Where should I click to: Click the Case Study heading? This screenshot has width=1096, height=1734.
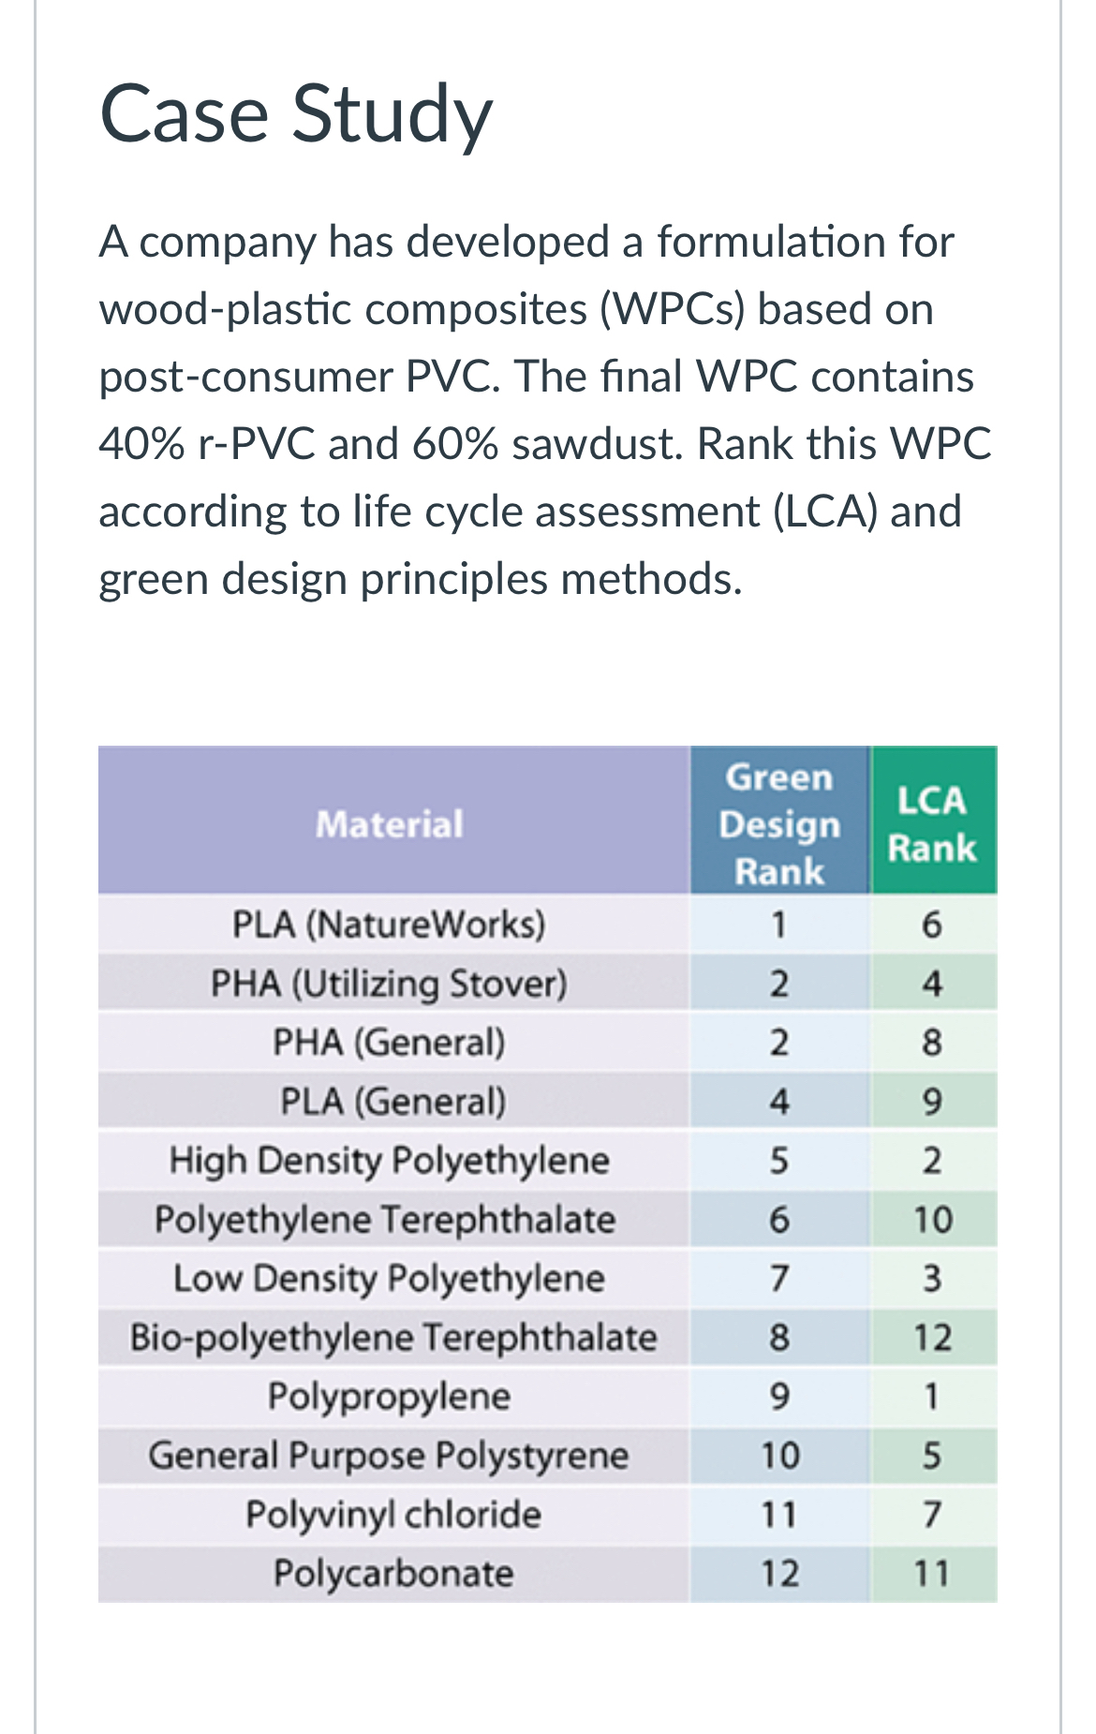[x=295, y=114]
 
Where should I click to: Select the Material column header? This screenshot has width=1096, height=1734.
[x=390, y=824]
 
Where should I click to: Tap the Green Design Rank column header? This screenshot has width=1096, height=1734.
[x=779, y=824]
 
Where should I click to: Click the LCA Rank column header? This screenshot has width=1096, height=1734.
[x=932, y=824]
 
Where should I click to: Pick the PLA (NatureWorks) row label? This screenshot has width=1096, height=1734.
[x=389, y=925]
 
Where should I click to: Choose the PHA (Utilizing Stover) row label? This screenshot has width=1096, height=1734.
[x=389, y=984]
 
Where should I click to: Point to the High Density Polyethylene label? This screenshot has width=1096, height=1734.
[x=389, y=1161]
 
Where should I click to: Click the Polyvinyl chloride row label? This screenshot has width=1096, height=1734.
[x=393, y=1515]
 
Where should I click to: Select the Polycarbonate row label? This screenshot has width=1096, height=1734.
[x=393, y=1574]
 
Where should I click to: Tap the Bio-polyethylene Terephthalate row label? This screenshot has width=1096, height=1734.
[x=393, y=1338]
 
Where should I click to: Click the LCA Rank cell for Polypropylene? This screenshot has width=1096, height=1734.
[x=931, y=1397]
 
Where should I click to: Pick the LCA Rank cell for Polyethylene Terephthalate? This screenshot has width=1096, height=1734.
[x=933, y=1220]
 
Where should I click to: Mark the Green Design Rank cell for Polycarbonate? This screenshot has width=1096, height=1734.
[x=779, y=1574]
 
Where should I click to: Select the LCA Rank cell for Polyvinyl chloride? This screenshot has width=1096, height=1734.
[x=931, y=1515]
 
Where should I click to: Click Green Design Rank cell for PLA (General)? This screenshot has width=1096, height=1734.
[x=779, y=1102]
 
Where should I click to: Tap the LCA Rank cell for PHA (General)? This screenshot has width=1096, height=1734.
[x=931, y=1043]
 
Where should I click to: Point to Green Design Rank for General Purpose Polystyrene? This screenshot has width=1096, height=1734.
[x=779, y=1456]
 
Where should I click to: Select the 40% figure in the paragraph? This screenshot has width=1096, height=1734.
[x=141, y=444]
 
